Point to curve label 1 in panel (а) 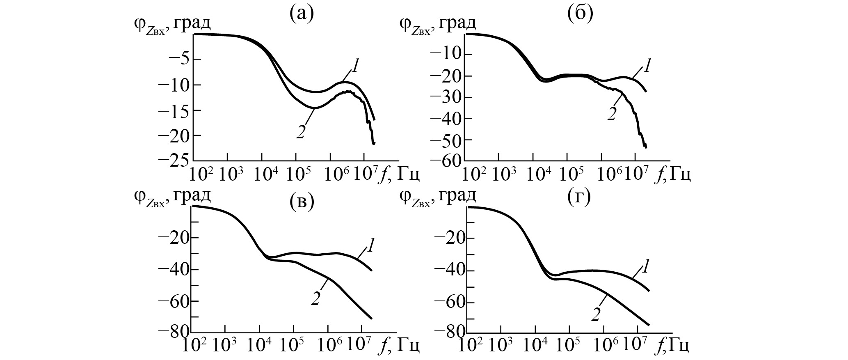(355, 66)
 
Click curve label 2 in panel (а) (301, 132)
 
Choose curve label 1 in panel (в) (370, 245)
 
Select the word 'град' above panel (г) (457, 196)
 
